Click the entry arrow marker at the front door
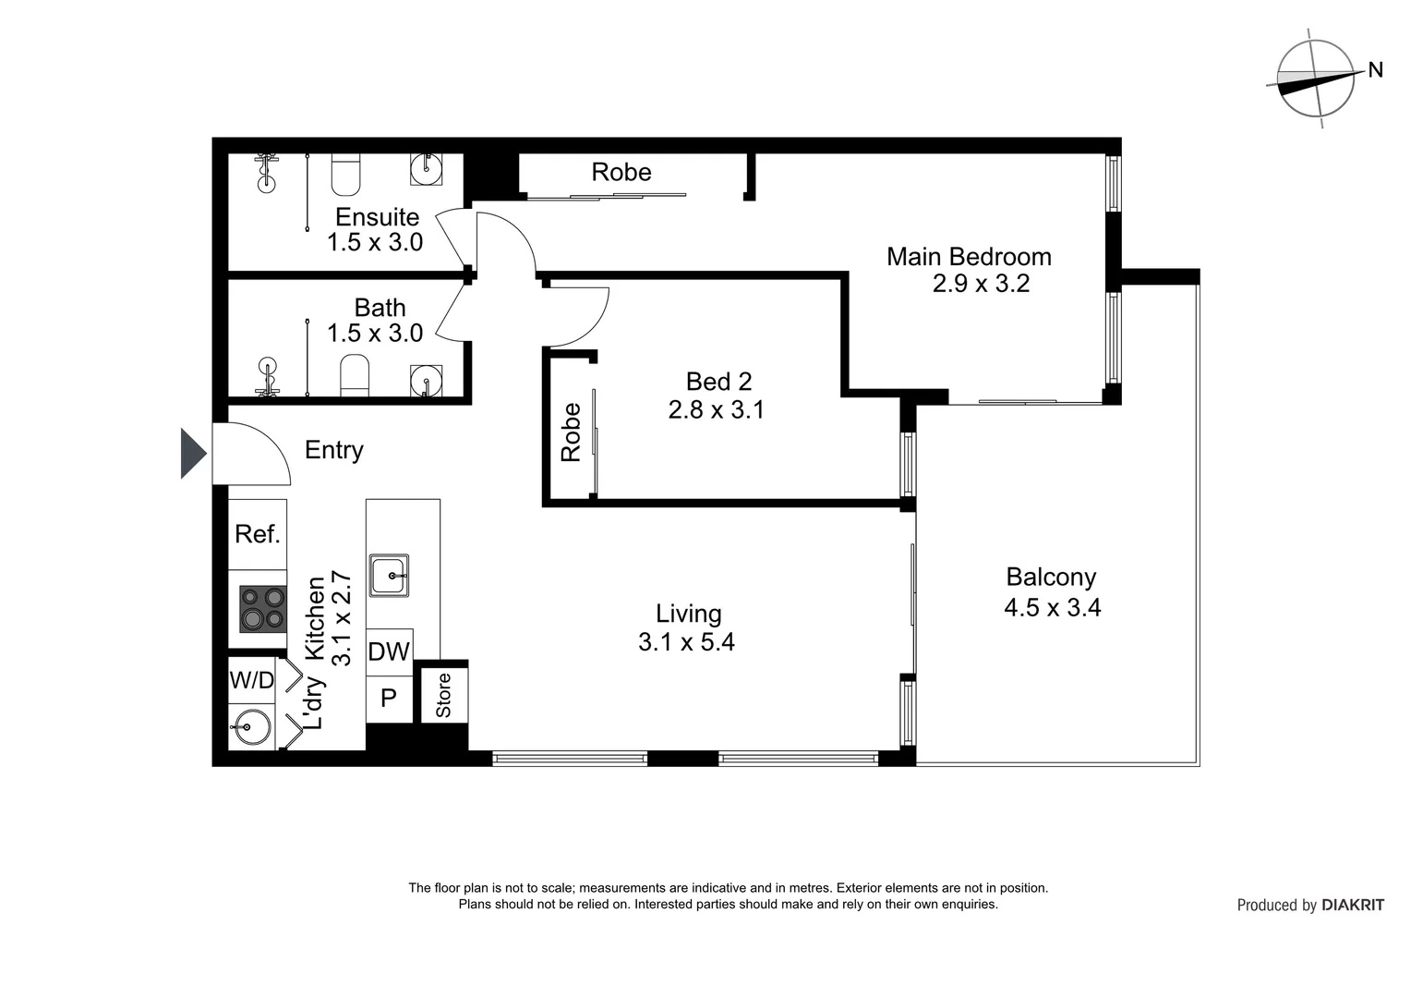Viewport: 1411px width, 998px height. pos(193,454)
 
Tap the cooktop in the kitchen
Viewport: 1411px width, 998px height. pos(262,609)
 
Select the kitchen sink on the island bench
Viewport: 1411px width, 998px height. pos(389,576)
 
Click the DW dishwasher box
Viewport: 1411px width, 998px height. pos(389,651)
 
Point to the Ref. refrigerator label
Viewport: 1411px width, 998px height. pos(257,534)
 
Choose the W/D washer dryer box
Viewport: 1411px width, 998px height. pos(252,681)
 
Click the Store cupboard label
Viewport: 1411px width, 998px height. pos(443,695)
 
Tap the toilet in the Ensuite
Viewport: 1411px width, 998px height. pos(345,176)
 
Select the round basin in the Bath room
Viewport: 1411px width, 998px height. pos(426,381)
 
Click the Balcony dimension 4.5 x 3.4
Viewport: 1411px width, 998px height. pos(1052,607)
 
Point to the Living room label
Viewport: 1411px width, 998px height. pos(688,614)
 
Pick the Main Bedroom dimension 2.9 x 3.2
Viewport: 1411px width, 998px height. pos(980,284)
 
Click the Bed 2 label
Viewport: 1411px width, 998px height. pos(718,382)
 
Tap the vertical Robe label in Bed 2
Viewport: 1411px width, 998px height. pos(571,432)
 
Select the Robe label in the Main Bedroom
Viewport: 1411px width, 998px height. pos(621,172)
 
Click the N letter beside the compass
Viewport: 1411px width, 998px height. pos(1375,69)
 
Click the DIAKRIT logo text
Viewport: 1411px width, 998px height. pos(1353,906)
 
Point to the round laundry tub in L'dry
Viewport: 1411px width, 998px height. pos(250,727)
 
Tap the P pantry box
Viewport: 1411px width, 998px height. pos(389,698)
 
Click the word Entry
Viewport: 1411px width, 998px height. pos(333,450)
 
